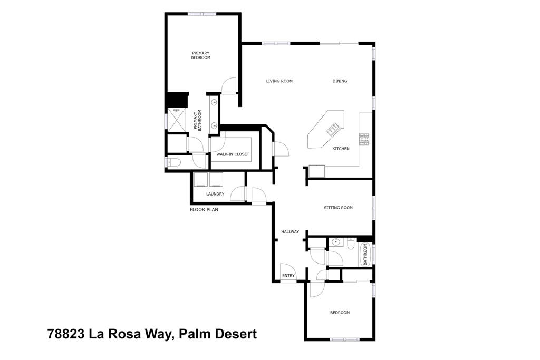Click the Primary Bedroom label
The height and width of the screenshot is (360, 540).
coord(200,55)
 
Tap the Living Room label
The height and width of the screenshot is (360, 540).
coord(279,81)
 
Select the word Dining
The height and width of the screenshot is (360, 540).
coord(340,81)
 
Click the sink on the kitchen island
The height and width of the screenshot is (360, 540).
coord(333,128)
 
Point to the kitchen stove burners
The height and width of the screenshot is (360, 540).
coord(364,139)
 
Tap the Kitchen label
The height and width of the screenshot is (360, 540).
coord(341,149)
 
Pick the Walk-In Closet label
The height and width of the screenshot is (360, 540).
coord(233,154)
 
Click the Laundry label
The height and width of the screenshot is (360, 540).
coord(215,194)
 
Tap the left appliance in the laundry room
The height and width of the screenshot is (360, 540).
coord(200,179)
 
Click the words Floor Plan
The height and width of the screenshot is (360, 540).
coord(204,209)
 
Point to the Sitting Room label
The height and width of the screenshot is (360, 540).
coord(338,208)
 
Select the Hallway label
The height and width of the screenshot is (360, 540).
coord(290,232)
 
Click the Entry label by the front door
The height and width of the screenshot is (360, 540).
coord(288,276)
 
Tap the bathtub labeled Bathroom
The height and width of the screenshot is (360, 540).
coord(364,254)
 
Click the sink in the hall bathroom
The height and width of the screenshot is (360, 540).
coord(336,244)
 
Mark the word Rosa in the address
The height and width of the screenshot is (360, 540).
coord(123,334)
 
